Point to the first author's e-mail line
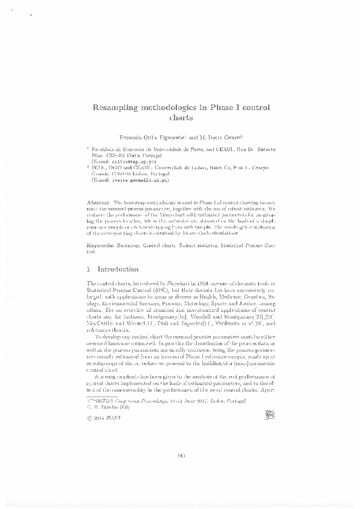coord(123,162)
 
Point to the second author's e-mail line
coord(130,180)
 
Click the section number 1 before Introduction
coord(89,269)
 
